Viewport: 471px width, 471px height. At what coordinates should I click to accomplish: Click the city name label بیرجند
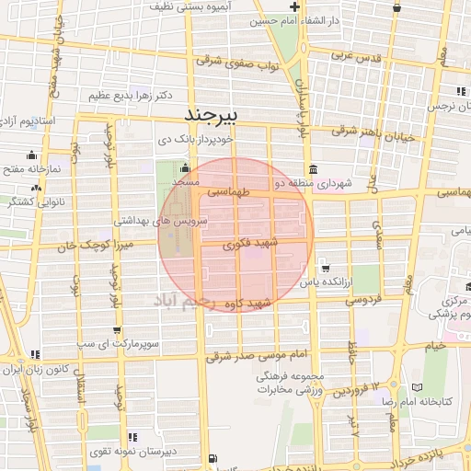click(212, 114)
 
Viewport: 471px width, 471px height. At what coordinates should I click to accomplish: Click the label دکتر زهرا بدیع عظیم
click(132, 96)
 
